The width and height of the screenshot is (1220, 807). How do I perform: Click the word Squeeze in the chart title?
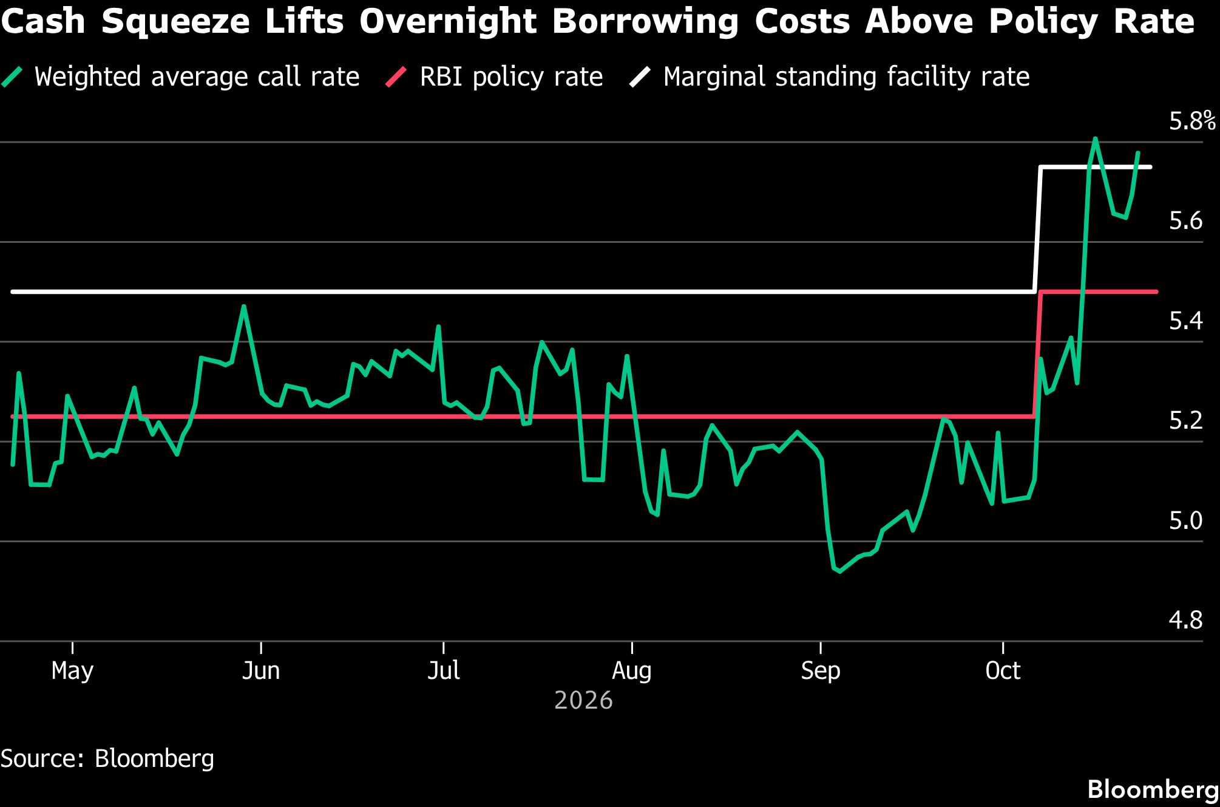click(175, 22)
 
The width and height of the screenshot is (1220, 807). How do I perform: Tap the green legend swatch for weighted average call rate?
click(12, 77)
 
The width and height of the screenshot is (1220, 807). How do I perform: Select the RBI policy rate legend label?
click(511, 77)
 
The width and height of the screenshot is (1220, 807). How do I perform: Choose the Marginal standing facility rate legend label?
click(847, 77)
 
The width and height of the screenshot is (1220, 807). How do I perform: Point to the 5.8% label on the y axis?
click(1192, 121)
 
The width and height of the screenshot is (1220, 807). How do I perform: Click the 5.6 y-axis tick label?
click(1185, 221)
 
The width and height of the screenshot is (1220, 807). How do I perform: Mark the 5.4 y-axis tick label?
click(1185, 321)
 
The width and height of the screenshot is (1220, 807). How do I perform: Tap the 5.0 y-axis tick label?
click(1185, 520)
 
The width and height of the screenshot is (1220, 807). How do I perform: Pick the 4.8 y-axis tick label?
click(1185, 620)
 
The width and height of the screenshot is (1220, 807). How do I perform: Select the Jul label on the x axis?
click(444, 670)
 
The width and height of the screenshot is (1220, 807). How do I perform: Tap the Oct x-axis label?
click(1003, 670)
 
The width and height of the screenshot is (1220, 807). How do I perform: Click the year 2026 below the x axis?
click(583, 701)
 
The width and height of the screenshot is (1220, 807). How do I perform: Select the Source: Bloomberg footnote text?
click(107, 759)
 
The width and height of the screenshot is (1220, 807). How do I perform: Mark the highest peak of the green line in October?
click(1095, 138)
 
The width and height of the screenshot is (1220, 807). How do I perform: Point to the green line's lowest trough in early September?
click(840, 571)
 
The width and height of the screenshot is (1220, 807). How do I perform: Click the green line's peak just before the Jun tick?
click(243, 306)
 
